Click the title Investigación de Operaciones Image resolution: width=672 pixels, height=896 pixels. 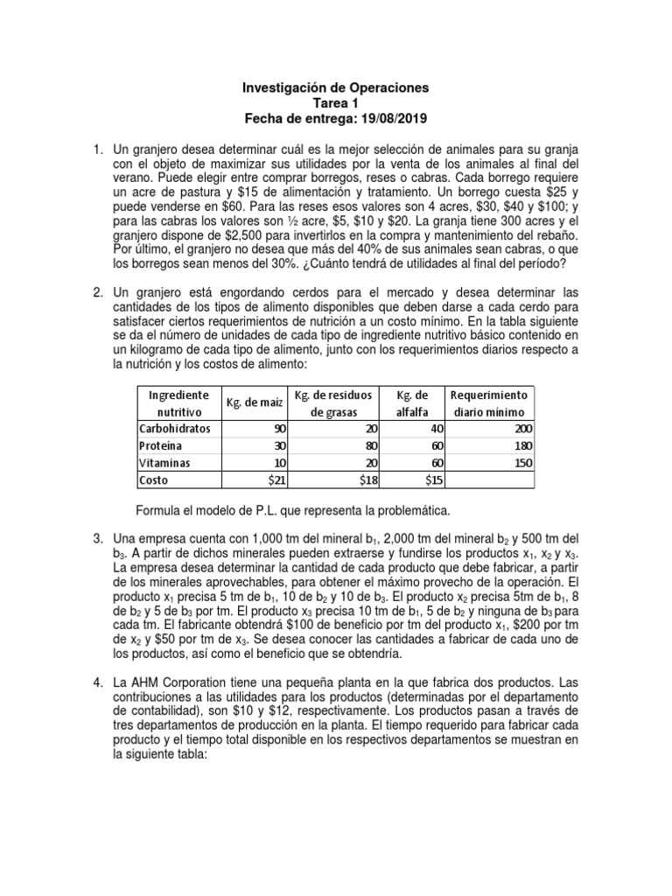coord(335,88)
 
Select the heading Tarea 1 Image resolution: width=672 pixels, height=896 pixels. coord(335,103)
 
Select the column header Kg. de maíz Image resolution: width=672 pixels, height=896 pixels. coord(255,402)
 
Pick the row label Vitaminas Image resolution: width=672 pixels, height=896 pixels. coord(164,462)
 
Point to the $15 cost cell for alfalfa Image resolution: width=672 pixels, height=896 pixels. coord(435,479)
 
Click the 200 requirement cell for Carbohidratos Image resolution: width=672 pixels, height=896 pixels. coord(521,429)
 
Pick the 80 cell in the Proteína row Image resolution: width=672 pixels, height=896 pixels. coord(359,445)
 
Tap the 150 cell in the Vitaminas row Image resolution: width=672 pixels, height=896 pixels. coord(521,462)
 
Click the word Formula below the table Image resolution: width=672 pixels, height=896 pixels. coord(159,510)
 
